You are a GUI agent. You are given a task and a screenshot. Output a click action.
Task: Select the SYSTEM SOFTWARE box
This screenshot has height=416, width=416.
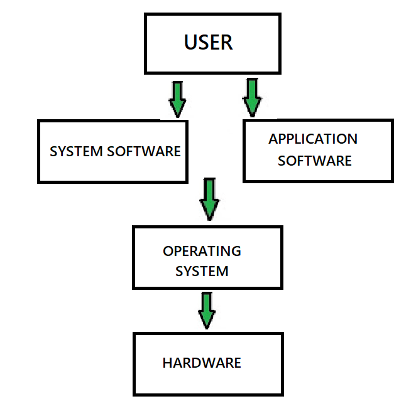click(x=112, y=151)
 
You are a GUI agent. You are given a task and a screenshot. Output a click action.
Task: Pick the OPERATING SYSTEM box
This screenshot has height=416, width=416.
click(x=207, y=257)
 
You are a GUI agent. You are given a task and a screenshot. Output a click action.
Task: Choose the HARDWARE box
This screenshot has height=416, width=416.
click(x=207, y=364)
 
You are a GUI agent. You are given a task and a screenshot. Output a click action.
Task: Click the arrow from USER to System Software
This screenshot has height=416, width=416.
click(x=178, y=99)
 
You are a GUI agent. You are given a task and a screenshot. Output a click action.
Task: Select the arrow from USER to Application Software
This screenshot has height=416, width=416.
click(x=252, y=97)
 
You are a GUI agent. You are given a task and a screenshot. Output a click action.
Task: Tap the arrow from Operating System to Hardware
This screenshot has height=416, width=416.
click(x=206, y=310)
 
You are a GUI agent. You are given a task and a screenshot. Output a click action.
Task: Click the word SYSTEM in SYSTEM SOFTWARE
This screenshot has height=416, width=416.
click(x=71, y=151)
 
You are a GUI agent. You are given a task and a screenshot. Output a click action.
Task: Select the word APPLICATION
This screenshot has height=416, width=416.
click(x=313, y=139)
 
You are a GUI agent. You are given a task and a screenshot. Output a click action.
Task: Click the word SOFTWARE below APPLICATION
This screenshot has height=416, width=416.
click(x=315, y=161)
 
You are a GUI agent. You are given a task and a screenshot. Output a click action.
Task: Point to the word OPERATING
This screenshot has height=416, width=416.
click(x=202, y=251)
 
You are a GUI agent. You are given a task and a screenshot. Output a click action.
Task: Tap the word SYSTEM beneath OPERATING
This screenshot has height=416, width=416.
click(x=202, y=271)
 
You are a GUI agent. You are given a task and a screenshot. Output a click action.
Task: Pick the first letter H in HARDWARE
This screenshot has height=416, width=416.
click(x=167, y=363)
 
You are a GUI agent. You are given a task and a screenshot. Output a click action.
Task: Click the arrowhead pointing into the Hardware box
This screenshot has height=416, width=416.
click(x=206, y=321)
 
